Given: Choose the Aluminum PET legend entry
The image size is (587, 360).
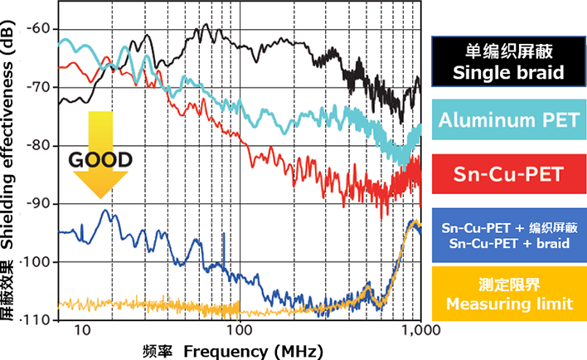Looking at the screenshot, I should pos(508,120).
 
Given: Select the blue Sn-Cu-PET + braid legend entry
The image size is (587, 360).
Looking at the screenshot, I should pos(508,235).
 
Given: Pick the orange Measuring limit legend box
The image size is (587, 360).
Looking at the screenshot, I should pos(508,294).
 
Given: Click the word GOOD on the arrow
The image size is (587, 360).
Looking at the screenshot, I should pos(99,160).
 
